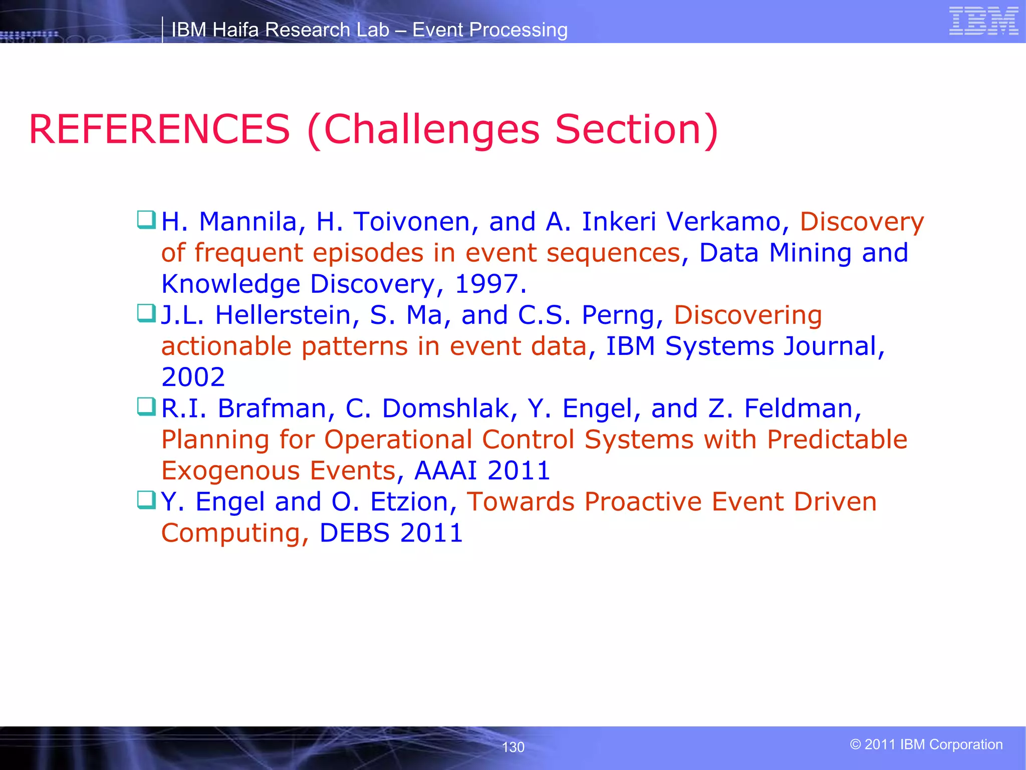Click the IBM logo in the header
tap(983, 21)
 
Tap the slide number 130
tap(513, 747)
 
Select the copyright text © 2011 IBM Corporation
tap(926, 744)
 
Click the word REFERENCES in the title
tap(159, 129)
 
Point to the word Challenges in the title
tap(432, 129)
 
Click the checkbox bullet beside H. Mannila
tap(146, 220)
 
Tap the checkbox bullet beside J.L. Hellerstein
tap(146, 313)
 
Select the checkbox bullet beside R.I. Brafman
tap(146, 407)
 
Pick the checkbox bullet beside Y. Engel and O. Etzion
tap(146, 500)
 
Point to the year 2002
tap(193, 377)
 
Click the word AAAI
tap(445, 471)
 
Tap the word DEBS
tap(354, 533)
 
